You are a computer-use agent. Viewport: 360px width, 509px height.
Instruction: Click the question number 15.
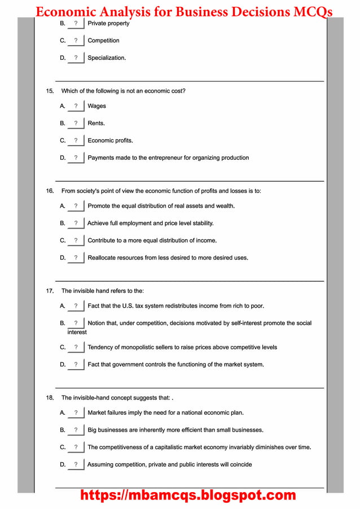point(50,91)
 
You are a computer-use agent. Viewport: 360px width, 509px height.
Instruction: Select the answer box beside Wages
point(76,106)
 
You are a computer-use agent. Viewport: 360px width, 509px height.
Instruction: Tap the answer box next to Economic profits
point(76,141)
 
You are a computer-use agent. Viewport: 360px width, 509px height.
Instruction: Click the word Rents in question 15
point(95,123)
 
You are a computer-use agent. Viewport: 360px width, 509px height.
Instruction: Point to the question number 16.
point(50,191)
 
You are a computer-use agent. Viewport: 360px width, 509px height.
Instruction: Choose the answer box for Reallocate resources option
point(76,258)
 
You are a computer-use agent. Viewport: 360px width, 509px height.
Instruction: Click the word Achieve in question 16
point(98,223)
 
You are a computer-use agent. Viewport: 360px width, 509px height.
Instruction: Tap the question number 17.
point(50,291)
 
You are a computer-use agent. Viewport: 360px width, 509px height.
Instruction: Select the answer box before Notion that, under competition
point(76,323)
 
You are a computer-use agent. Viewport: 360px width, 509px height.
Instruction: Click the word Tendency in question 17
point(102,348)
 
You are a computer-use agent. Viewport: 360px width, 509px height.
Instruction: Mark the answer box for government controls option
point(76,365)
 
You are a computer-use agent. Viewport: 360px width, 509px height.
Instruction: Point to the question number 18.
point(50,398)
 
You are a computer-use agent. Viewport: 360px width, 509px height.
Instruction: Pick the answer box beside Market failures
point(76,413)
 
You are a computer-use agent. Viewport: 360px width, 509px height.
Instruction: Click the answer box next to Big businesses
point(76,430)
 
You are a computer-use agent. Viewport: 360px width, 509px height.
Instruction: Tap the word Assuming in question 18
point(102,465)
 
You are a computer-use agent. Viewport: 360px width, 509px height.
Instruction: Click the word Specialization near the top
point(106,58)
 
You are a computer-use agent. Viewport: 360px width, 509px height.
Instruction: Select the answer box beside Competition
point(76,41)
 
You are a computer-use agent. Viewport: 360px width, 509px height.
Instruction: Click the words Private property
point(108,24)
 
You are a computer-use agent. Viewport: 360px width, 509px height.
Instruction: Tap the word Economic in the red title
point(67,12)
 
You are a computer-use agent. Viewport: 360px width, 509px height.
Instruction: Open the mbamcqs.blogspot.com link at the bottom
point(188,495)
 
